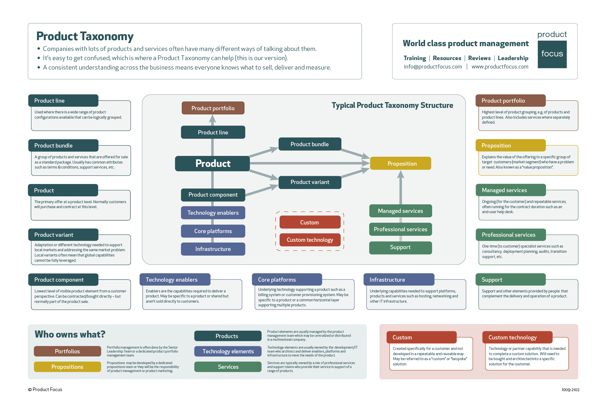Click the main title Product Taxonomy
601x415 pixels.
coord(85,36)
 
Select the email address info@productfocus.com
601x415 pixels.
coord(433,67)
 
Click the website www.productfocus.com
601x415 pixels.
coord(500,67)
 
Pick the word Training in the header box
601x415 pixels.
coord(415,58)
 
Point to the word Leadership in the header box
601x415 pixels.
coord(513,58)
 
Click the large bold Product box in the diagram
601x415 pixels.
coord(213,164)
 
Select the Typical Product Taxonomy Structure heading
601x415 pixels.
coord(392,105)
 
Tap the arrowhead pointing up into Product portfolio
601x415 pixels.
coord(212,119)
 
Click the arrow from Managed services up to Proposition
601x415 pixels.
coord(400,188)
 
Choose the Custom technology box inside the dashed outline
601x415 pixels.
coord(310,240)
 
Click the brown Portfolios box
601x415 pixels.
coord(67,351)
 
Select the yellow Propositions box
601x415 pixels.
coord(67,367)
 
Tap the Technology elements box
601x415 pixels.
coord(228,351)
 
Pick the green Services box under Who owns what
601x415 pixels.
coord(228,367)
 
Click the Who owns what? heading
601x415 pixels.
coord(70,334)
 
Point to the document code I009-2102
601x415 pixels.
coord(570,390)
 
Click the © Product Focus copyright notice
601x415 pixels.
coord(45,390)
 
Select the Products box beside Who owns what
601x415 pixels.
coord(228,336)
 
